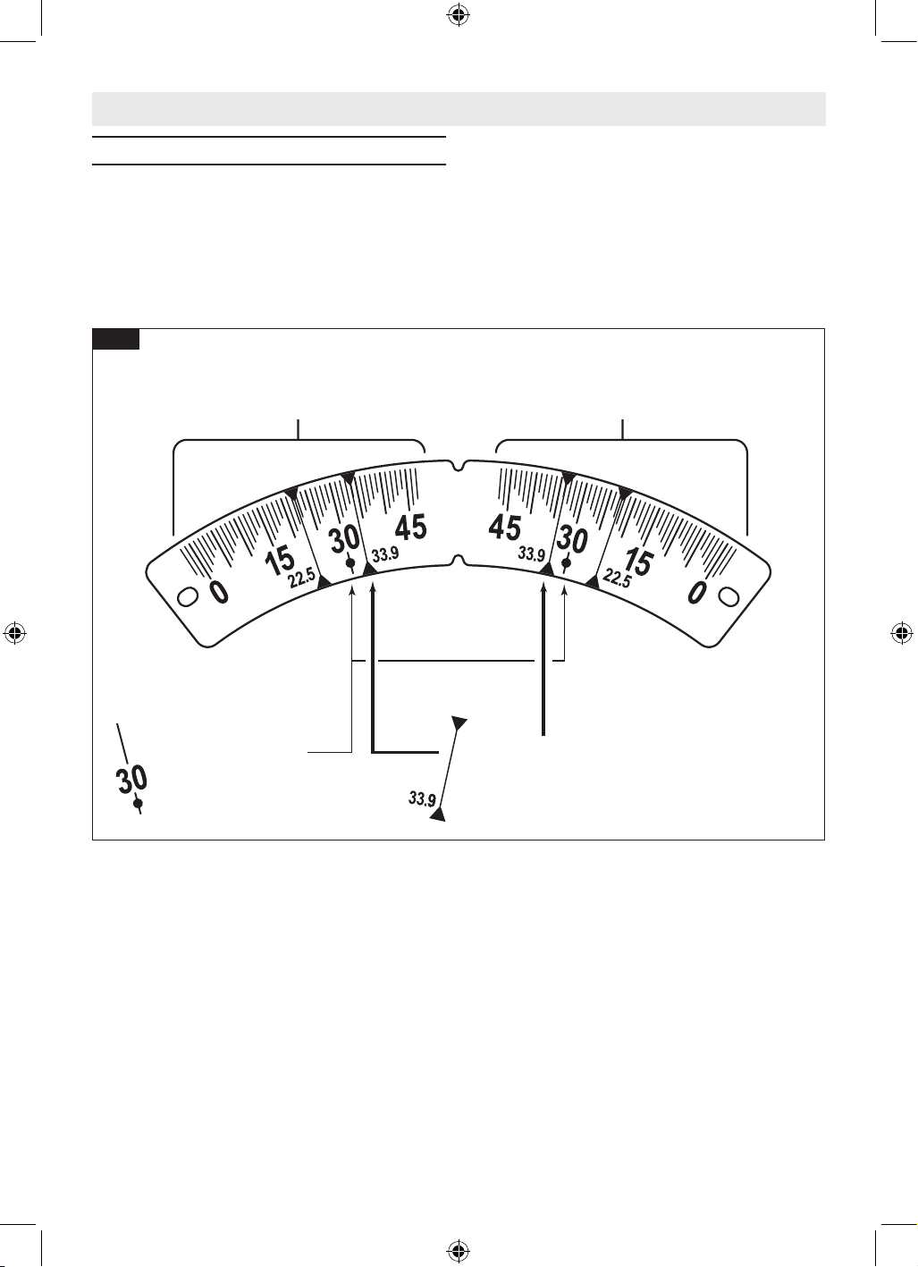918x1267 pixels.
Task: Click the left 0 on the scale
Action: click(x=219, y=592)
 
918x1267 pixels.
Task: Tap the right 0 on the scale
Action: click(x=698, y=592)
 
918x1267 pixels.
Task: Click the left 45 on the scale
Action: click(x=411, y=528)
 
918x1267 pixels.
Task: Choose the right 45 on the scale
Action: click(x=505, y=528)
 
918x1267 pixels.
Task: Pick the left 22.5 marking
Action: click(x=302, y=579)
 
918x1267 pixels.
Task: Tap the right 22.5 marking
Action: click(x=617, y=579)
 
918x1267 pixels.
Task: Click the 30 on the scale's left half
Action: click(x=344, y=539)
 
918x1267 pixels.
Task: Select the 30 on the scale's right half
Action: click(x=572, y=539)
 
